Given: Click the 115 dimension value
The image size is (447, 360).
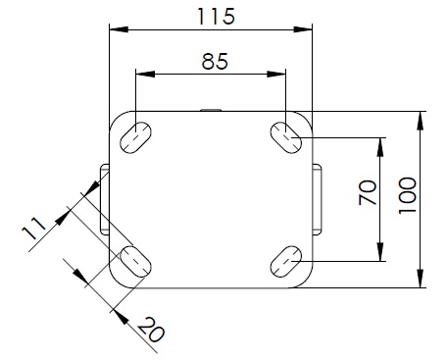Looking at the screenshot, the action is coord(216,17).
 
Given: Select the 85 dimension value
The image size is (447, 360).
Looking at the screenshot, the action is coord(215,61).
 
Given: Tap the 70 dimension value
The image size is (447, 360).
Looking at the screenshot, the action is coord(368,192).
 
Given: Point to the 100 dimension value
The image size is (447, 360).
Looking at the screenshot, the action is coord(408,195).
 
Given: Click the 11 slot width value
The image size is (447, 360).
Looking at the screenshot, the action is coord(33,229).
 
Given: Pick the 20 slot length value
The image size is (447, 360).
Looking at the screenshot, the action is coord(151,330).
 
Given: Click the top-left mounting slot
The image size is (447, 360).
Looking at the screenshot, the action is coord(135,137).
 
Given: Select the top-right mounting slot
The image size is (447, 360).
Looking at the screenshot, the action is coord(286,137).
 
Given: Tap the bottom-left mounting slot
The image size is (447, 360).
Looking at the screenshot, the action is coord(135,262).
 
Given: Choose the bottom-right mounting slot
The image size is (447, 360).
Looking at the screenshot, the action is coord(286,262).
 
